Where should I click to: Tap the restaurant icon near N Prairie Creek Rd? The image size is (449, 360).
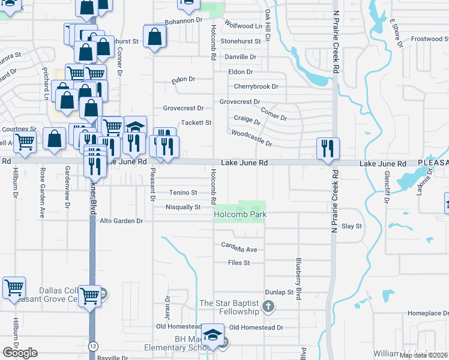328,148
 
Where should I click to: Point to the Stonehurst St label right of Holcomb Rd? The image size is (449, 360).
241,41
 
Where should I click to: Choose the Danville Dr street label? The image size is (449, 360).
240,56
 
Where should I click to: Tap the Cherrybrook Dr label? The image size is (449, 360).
256,86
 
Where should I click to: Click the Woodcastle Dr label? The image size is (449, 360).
252,139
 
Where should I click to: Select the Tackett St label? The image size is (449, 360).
197,122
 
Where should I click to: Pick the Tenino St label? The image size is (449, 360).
183,193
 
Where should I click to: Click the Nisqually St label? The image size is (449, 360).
183,208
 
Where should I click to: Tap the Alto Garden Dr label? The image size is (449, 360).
122,221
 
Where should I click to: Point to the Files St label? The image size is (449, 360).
238,263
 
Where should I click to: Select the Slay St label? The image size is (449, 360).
352,226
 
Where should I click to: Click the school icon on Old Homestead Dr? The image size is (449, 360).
212,335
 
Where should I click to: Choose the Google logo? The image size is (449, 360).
20,353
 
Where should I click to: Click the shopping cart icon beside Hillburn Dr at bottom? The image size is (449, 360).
14,287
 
